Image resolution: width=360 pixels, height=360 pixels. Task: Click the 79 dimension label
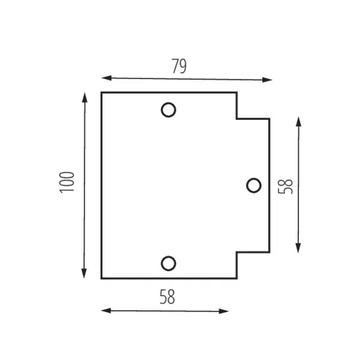[179, 67]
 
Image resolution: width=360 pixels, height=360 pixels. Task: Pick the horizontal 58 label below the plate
[167, 296]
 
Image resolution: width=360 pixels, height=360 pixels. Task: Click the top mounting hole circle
[169, 110]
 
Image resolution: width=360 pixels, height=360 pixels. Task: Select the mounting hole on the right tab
[254, 185]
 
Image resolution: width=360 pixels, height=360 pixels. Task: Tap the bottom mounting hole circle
[169, 263]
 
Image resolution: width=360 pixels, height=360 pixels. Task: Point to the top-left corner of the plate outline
[101, 92]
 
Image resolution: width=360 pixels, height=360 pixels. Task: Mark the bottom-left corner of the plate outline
[101, 278]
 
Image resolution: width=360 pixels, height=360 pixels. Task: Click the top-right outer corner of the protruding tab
[269, 119]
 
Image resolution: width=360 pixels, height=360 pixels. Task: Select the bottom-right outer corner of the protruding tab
[269, 252]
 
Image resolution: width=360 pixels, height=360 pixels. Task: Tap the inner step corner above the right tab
[236, 119]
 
